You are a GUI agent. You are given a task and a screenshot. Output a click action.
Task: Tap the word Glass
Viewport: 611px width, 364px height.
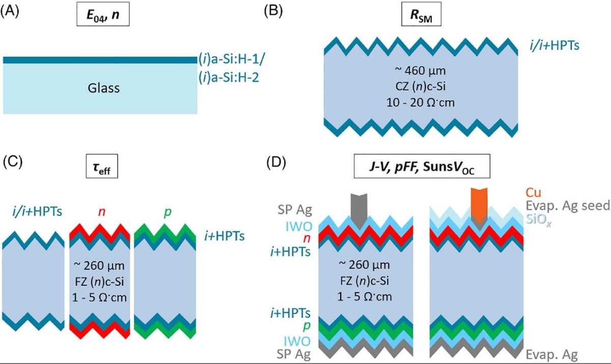tap(102, 88)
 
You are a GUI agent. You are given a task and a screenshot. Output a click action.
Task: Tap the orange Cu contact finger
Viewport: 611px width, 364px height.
tap(479, 201)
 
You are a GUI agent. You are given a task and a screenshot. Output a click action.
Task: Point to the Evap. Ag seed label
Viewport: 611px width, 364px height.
tap(566, 206)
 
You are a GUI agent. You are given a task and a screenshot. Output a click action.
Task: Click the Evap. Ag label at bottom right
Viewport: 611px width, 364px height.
tap(552, 355)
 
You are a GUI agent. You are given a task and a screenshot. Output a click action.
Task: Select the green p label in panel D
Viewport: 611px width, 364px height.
tap(304, 326)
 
